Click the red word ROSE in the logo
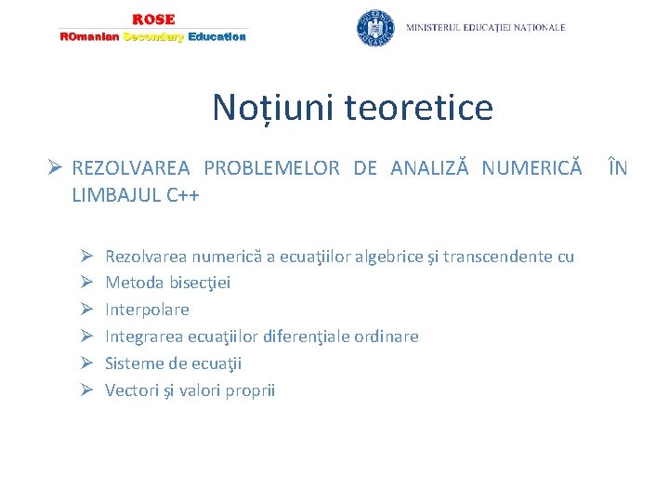pyautogui.click(x=153, y=20)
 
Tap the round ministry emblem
pyautogui.click(x=375, y=28)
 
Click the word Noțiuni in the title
pyautogui.click(x=273, y=108)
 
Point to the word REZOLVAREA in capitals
pyautogui.click(x=130, y=168)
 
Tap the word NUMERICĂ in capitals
pyautogui.click(x=533, y=168)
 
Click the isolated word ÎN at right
pyautogui.click(x=617, y=168)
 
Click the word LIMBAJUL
pyautogui.click(x=116, y=195)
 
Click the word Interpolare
pyautogui.click(x=147, y=310)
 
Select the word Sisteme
pyautogui.click(x=134, y=363)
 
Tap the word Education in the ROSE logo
pyautogui.click(x=216, y=37)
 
